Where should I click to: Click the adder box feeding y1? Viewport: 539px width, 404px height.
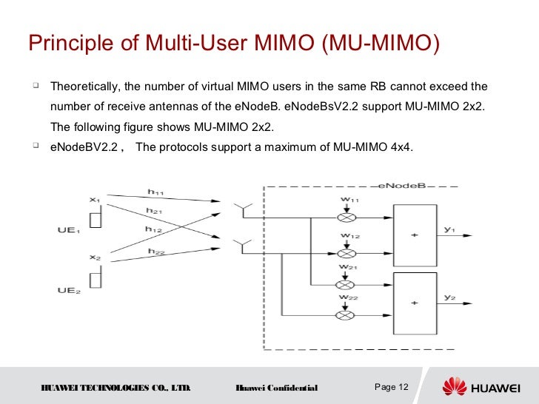414,235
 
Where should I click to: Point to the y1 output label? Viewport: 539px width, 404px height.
449,230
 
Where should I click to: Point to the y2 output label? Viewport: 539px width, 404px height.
449,297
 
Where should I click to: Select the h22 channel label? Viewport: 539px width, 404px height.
155,252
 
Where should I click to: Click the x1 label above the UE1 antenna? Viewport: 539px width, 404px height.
94,198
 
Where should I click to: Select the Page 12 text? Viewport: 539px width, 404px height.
392,387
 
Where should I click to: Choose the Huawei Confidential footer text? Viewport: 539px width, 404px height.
276,388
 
